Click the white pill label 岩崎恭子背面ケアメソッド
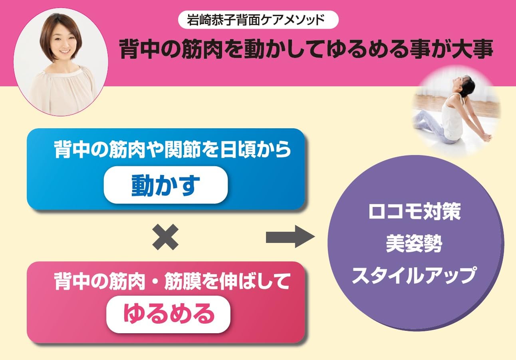[x=258, y=20]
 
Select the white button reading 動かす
[x=166, y=185]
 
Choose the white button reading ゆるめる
[x=168, y=314]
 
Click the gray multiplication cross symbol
[x=165, y=237]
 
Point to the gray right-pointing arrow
[x=290, y=237]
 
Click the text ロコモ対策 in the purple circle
[x=415, y=212]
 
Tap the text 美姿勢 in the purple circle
[x=414, y=244]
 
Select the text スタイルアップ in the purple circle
[x=414, y=275]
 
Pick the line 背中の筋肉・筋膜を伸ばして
[x=172, y=281]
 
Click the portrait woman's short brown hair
[x=60, y=32]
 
